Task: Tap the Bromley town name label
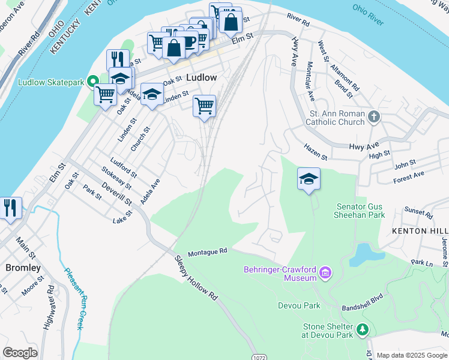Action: click(x=23, y=268)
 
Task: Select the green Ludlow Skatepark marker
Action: click(x=94, y=82)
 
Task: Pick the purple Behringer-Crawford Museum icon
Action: click(x=326, y=274)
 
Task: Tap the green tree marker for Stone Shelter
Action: click(x=362, y=329)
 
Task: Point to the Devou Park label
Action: click(x=299, y=305)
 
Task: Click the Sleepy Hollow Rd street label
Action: click(x=196, y=278)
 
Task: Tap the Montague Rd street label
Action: click(x=208, y=251)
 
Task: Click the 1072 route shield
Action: click(x=258, y=356)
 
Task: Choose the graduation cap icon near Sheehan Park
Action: click(x=309, y=179)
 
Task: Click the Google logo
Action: click(x=20, y=352)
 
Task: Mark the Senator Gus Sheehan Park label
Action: click(x=360, y=211)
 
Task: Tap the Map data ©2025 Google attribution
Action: click(x=411, y=355)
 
